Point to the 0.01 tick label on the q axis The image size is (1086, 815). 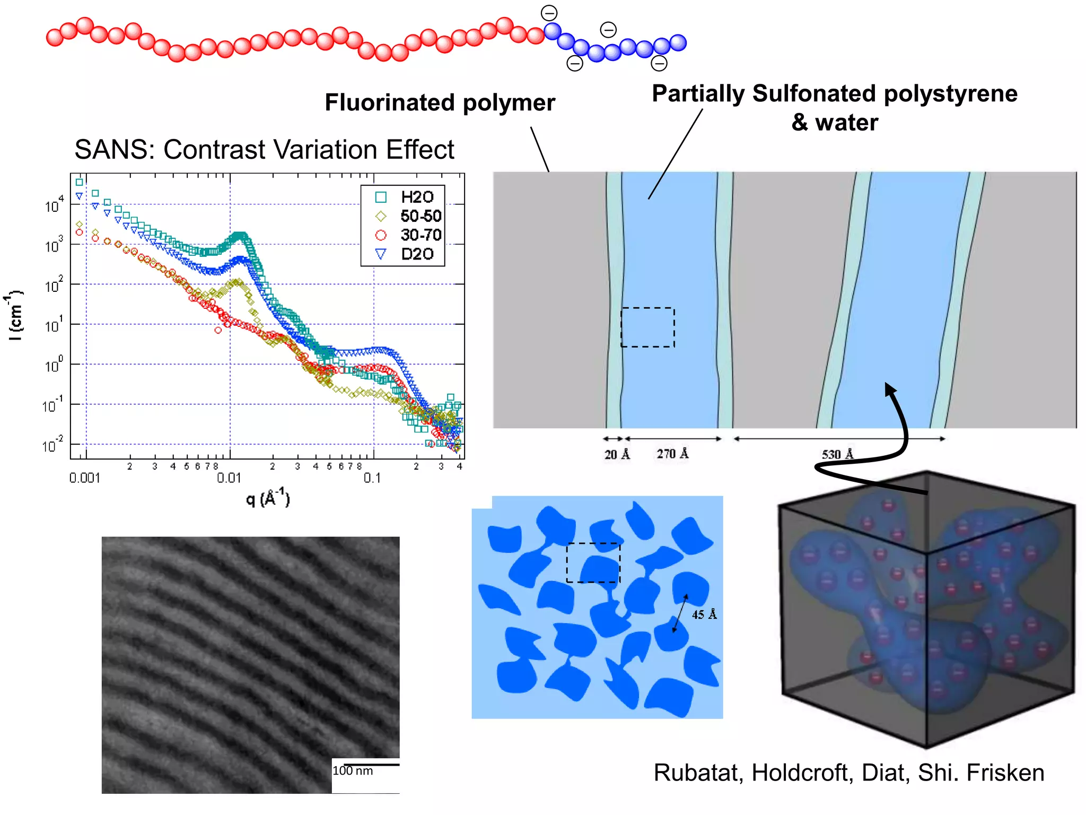(x=229, y=478)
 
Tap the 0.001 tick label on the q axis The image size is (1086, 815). (x=85, y=478)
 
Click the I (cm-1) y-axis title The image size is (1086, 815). (x=16, y=315)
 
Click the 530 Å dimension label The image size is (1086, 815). (x=838, y=455)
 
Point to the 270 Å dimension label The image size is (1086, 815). (x=672, y=454)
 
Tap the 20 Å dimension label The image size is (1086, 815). (x=617, y=455)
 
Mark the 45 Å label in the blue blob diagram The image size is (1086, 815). (x=704, y=614)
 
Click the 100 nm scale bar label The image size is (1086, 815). (x=353, y=771)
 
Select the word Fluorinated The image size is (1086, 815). (x=390, y=102)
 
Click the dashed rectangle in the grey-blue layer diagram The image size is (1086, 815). (x=647, y=327)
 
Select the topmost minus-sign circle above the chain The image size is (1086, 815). (x=549, y=13)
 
